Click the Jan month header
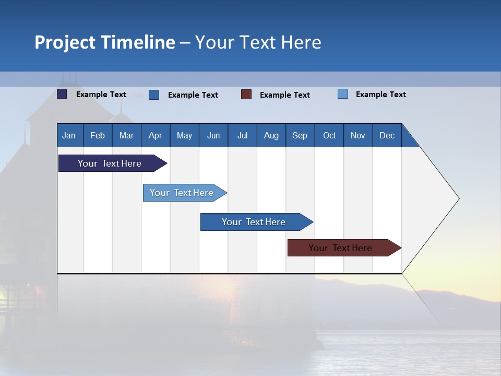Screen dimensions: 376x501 point(69,135)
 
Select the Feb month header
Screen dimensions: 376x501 point(98,135)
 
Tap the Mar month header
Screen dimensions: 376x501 point(126,135)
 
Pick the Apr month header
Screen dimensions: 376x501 point(155,135)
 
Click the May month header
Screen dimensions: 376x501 point(184,135)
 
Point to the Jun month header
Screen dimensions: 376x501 point(213,135)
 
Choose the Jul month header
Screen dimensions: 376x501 point(242,135)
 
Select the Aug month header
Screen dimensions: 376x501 point(271,135)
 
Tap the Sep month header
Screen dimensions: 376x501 point(300,135)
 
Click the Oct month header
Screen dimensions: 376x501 point(329,135)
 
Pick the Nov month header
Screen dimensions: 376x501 point(358,135)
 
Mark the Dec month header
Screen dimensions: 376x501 point(387,135)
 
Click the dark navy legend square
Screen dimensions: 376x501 point(62,94)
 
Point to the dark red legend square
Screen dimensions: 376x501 point(246,94)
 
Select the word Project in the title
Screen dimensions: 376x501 point(65,42)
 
